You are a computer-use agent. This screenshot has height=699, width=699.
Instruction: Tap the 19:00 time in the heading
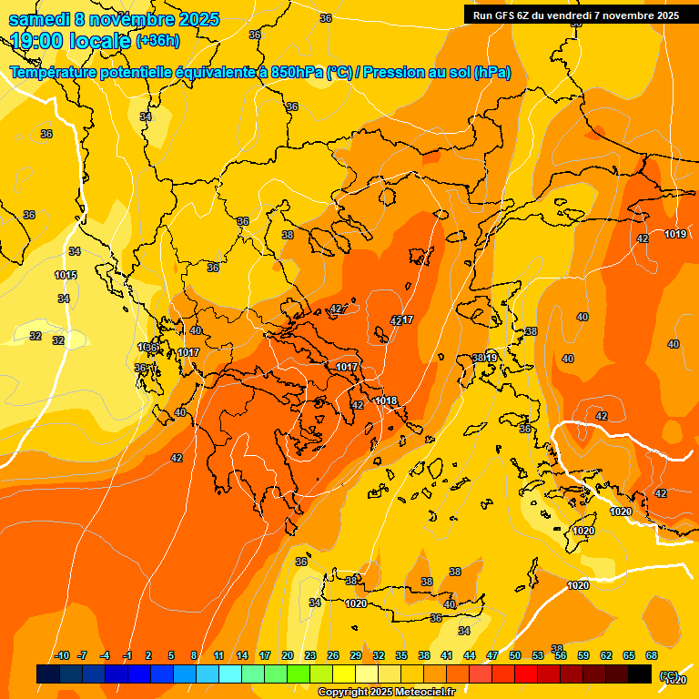coord(38,40)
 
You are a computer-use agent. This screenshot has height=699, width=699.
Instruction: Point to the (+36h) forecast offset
coord(157,41)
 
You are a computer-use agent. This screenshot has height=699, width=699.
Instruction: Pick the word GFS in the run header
coord(505,15)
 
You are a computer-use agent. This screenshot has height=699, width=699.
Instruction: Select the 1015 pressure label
coord(66,275)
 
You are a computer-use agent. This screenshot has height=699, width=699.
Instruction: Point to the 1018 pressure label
coord(386,400)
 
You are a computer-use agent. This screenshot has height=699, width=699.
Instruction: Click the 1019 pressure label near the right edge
coord(674,234)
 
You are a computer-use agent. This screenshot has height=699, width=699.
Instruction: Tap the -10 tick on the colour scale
coord(62,655)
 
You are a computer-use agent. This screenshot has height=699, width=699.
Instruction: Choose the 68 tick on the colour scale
coord(652,655)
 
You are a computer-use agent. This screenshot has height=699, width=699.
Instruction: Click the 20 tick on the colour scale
coord(288,655)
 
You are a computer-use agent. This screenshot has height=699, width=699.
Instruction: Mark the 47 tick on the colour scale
coord(492,655)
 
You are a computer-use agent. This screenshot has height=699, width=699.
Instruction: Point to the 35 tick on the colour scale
coord(401,655)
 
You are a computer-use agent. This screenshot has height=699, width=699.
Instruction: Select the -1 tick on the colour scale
coord(128,655)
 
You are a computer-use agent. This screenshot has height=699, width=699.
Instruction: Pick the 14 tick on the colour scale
coord(242,655)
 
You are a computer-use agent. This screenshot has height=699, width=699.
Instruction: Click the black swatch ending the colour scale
coord(640,674)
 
